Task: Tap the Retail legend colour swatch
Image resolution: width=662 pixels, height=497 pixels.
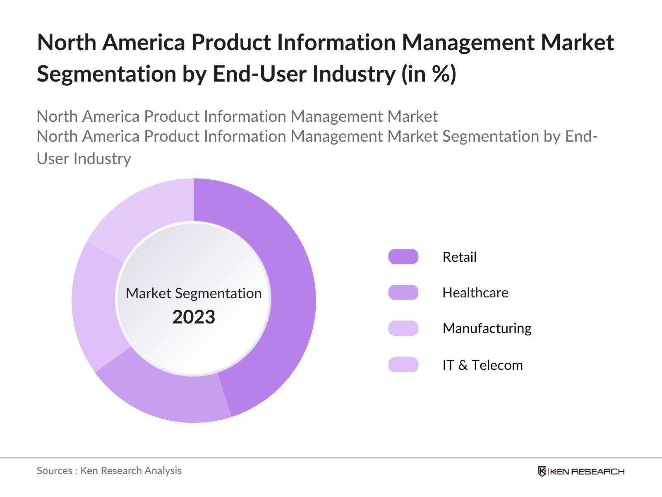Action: pyautogui.click(x=403, y=257)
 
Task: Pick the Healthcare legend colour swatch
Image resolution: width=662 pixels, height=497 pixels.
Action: pyautogui.click(x=403, y=292)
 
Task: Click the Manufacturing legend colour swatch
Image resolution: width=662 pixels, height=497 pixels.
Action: pyautogui.click(x=403, y=328)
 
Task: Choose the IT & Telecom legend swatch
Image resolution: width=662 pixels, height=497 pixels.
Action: pyautogui.click(x=403, y=365)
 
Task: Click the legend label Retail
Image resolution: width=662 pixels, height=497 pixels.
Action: pyautogui.click(x=459, y=257)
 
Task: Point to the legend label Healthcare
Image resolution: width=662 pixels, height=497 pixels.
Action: pyautogui.click(x=475, y=293)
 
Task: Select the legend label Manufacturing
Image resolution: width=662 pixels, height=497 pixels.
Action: pyautogui.click(x=487, y=328)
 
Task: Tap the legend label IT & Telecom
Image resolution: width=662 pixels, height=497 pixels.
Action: pyautogui.click(x=482, y=365)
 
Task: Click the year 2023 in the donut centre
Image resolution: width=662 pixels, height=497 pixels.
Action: pyautogui.click(x=194, y=317)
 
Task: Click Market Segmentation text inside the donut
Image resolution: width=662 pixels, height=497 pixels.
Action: pyautogui.click(x=194, y=293)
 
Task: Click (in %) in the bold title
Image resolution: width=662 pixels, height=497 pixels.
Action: pyautogui.click(x=429, y=74)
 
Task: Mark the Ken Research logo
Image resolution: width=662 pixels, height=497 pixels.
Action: pyautogui.click(x=581, y=471)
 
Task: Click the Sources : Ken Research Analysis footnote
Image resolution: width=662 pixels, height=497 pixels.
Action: pyautogui.click(x=109, y=470)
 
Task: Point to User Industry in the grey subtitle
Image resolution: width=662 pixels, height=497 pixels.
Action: pyautogui.click(x=84, y=159)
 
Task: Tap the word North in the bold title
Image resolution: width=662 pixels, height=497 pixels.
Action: pyautogui.click(x=67, y=43)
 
